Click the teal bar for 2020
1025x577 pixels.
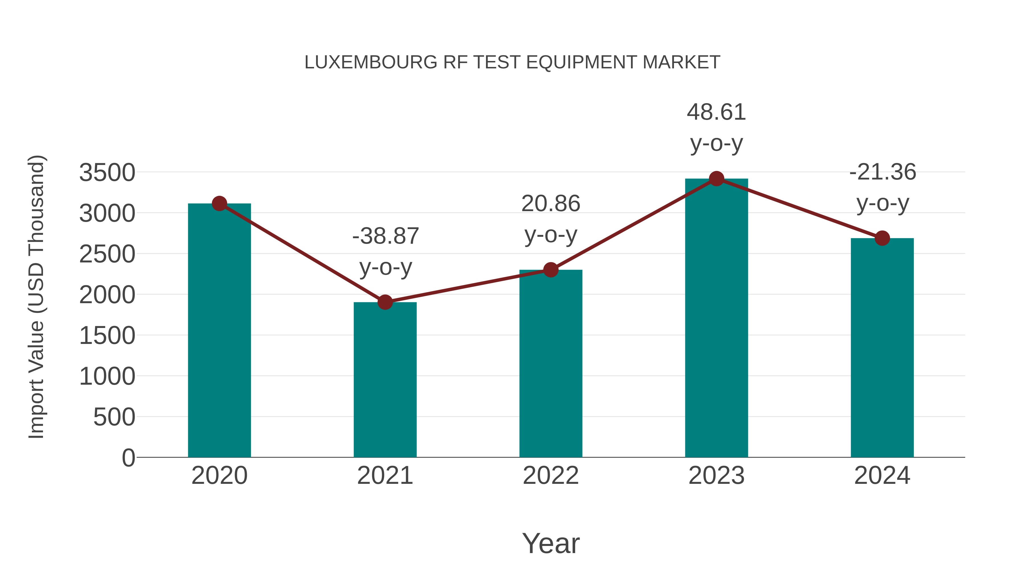click(219, 331)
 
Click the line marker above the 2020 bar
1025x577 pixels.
click(219, 203)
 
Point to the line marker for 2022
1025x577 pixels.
click(551, 270)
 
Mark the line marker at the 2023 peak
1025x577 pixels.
click(716, 179)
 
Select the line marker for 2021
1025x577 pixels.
click(385, 302)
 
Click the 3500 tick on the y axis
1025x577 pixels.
click(107, 173)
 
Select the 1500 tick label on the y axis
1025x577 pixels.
click(107, 335)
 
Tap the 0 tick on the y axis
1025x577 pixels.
click(128, 458)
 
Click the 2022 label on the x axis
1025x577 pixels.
click(551, 476)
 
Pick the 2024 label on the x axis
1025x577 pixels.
click(882, 476)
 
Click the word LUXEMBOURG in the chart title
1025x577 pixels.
click(370, 62)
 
